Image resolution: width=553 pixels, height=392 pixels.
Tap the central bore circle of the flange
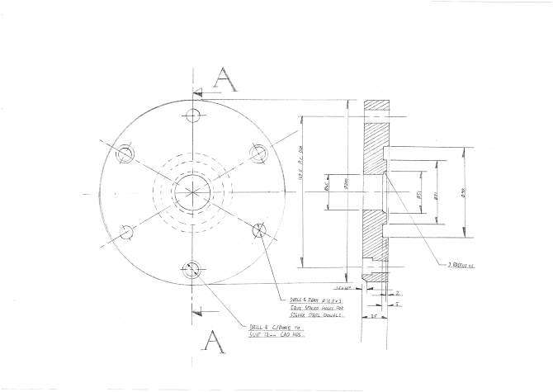193,192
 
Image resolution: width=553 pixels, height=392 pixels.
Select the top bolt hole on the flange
194,114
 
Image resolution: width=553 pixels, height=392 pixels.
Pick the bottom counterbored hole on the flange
192,269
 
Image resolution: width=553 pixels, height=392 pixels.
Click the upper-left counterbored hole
126,153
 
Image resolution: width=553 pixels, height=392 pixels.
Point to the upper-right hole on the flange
259,153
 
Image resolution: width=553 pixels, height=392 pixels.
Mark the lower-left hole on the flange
126,232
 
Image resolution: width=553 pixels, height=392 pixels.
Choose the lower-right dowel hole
259,230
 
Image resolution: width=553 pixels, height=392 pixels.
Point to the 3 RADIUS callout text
461,265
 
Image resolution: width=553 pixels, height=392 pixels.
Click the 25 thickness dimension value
373,316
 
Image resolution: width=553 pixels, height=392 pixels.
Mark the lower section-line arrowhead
196,311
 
